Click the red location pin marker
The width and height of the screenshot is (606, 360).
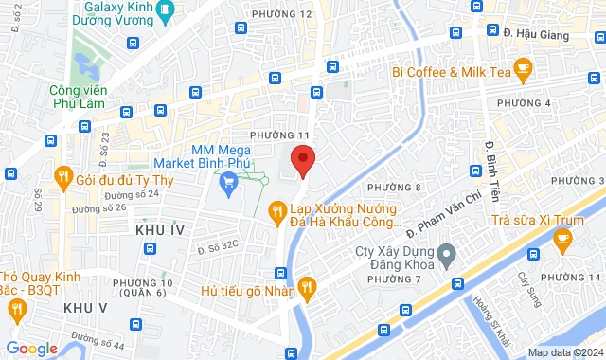tap(302, 160)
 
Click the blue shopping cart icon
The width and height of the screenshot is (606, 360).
tap(228, 183)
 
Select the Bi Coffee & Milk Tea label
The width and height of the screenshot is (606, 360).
tap(453, 72)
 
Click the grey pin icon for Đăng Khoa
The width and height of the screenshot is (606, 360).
tap(450, 252)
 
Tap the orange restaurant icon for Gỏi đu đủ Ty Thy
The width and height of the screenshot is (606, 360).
tap(63, 174)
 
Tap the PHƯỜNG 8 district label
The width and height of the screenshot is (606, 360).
tap(394, 188)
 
